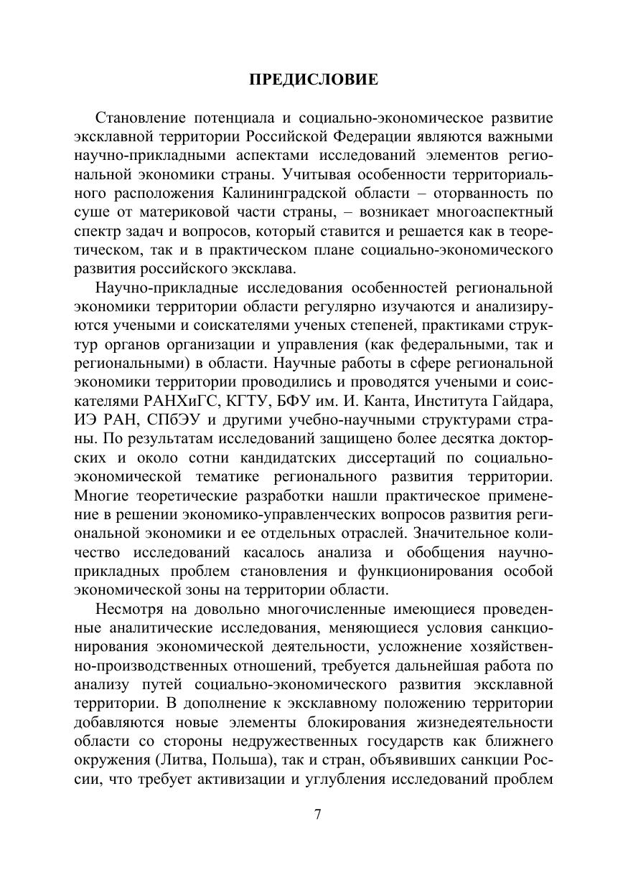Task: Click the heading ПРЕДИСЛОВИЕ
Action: (314, 80)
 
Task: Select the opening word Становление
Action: (137, 117)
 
